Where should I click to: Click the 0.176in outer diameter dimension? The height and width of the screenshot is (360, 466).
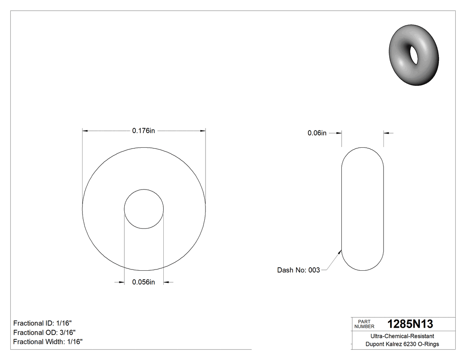tap(143, 131)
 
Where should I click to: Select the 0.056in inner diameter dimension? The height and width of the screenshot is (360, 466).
tap(143, 282)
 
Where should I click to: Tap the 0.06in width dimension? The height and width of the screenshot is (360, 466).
tap(317, 133)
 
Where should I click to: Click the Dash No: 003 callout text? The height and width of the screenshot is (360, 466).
tap(298, 270)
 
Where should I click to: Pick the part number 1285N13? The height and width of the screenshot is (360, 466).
tap(410, 324)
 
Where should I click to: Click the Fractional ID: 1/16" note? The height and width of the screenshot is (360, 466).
tap(43, 323)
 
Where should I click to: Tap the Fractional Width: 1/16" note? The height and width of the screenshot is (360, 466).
tap(48, 342)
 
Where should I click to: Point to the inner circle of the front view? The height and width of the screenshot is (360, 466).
tap(144, 209)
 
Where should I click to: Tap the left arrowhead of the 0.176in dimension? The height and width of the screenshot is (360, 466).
tap(86, 131)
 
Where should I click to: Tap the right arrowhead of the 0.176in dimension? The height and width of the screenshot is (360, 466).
tap(203, 131)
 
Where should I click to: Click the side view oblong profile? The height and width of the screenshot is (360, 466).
tap(362, 209)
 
